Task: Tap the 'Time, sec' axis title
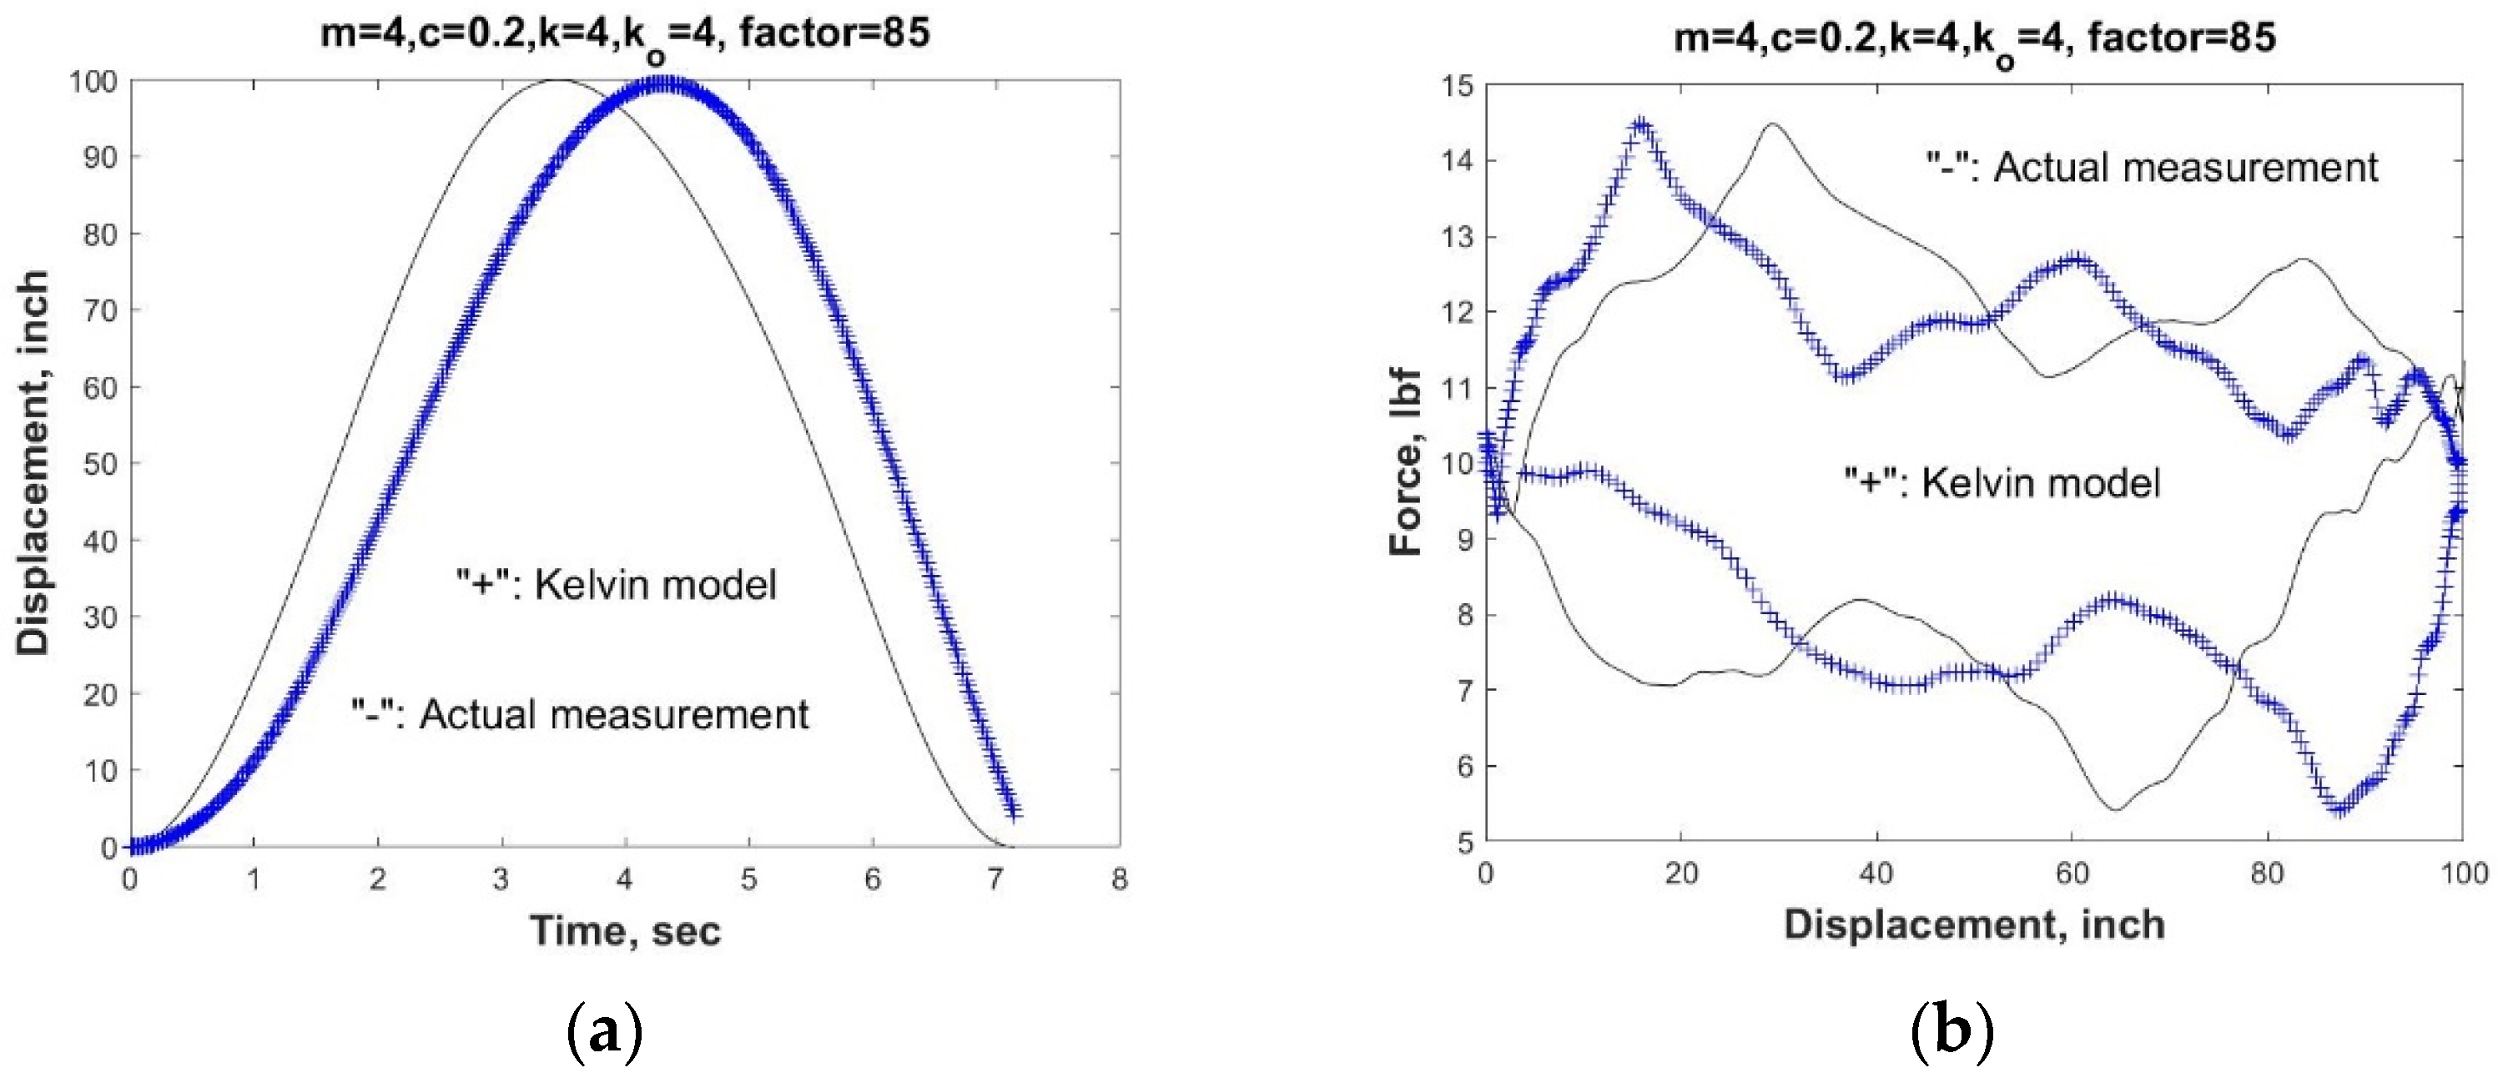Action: [626, 931]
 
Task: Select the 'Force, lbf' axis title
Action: [1405, 462]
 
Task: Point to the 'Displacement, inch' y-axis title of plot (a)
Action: [33, 462]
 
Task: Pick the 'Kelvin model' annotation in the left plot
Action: [617, 585]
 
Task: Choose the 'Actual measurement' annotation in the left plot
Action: [580, 714]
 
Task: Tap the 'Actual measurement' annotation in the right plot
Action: [2152, 168]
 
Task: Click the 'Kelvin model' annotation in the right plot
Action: [2002, 482]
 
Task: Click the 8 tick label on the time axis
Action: [1120, 879]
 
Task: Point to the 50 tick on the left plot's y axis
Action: [99, 463]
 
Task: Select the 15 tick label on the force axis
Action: [1457, 86]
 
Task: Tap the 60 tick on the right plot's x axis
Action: [2072, 874]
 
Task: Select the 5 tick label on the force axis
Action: [1463, 842]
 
